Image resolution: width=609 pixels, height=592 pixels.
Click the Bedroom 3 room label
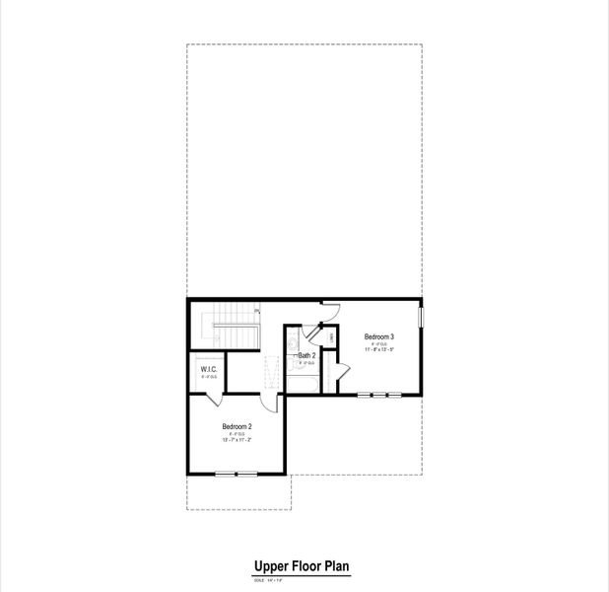(x=379, y=335)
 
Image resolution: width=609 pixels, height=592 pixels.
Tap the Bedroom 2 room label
(x=237, y=426)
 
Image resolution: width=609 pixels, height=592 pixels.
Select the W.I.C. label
(x=208, y=370)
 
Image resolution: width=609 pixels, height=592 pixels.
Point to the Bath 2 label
(x=306, y=355)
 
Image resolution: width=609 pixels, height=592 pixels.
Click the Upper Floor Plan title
(x=303, y=566)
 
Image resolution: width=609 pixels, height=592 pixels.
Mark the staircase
(x=232, y=327)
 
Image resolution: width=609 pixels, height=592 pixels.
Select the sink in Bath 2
(x=293, y=344)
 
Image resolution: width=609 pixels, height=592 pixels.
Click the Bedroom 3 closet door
(x=338, y=371)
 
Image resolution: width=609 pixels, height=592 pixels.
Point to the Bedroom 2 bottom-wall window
(x=237, y=475)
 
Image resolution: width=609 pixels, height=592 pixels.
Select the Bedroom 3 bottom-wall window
(x=379, y=395)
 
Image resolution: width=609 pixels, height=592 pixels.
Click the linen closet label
(x=331, y=338)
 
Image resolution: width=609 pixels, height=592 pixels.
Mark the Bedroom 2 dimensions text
(x=237, y=440)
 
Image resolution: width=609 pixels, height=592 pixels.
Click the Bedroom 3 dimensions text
(x=379, y=349)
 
